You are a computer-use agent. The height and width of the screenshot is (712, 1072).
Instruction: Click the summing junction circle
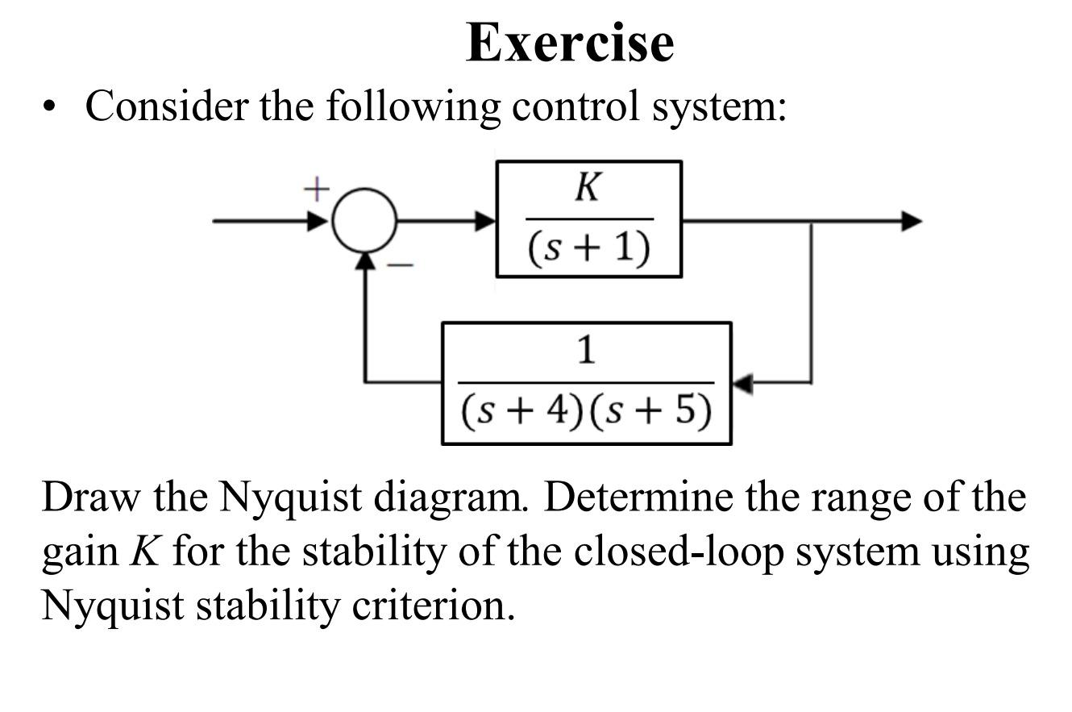pos(365,220)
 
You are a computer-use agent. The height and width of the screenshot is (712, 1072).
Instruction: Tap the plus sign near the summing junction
pos(317,189)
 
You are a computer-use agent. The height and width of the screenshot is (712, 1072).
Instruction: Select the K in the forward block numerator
pos(588,188)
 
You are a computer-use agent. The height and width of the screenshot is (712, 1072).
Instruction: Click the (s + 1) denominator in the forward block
pos(589,249)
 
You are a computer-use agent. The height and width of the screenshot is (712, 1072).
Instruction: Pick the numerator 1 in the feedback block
pos(587,351)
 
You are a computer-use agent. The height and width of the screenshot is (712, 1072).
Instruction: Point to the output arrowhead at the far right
pos(912,220)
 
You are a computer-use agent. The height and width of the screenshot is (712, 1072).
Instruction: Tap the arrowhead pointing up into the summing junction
pos(365,260)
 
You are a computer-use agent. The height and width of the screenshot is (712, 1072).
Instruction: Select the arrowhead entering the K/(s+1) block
pos(486,220)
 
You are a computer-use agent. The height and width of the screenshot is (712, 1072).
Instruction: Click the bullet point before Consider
pos(52,107)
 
